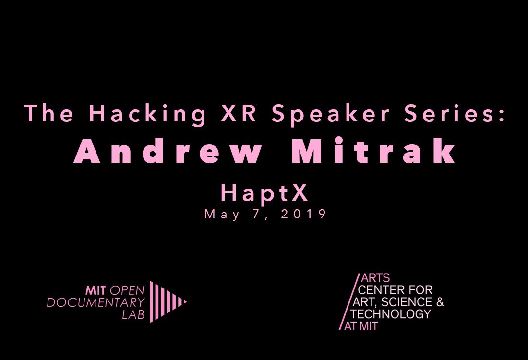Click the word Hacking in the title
click(x=147, y=115)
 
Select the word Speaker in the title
click(x=330, y=115)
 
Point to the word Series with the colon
click(x=455, y=113)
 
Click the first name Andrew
click(x=168, y=150)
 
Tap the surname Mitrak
click(x=373, y=150)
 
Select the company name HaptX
click(x=264, y=193)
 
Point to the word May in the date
click(x=222, y=215)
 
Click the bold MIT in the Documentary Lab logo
click(x=96, y=290)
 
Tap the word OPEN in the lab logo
click(x=127, y=290)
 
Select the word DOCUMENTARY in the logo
click(x=96, y=302)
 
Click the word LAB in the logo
click(x=133, y=314)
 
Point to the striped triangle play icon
click(x=168, y=302)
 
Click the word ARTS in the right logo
click(x=375, y=278)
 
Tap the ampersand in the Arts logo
click(x=440, y=302)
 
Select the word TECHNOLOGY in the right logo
click(x=391, y=314)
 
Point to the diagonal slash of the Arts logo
click(x=349, y=302)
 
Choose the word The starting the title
click(x=48, y=113)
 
